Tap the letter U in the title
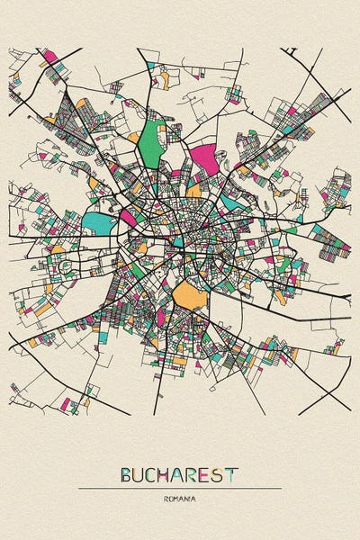[139, 474]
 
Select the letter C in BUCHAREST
[153, 474]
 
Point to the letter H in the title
[166, 474]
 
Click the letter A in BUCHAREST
[180, 474]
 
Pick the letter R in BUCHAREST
[194, 474]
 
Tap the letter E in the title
[208, 474]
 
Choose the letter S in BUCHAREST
[220, 474]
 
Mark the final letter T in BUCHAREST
[233, 474]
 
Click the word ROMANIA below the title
[180, 498]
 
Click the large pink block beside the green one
[203, 159]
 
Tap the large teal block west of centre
[100, 221]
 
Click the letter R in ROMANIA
[166, 498]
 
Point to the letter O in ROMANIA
[170, 498]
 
